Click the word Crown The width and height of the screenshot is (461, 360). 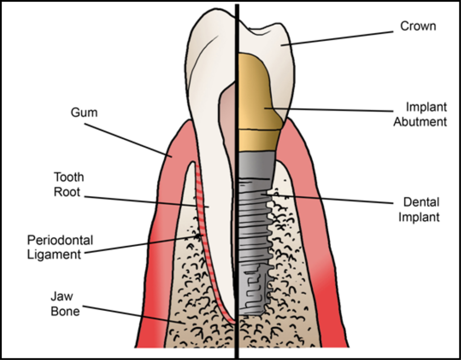(418, 27)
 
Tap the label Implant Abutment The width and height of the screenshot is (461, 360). (420, 114)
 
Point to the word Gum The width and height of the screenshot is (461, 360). (84, 112)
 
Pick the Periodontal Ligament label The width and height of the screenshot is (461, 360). (54, 246)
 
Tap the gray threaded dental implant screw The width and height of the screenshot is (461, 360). (254, 234)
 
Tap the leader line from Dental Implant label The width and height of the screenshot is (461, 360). (333, 199)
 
